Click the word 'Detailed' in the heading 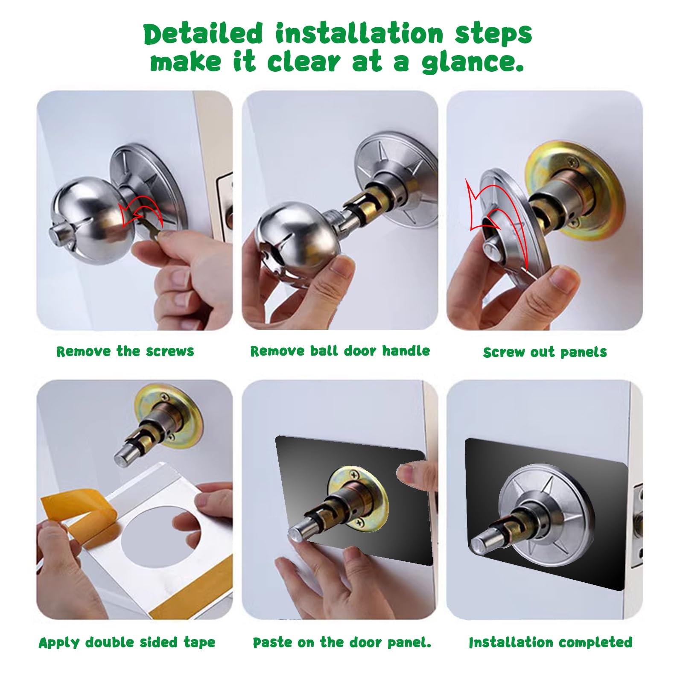click(203, 34)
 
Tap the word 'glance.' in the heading click(473, 63)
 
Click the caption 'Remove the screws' click(125, 351)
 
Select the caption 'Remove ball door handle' click(340, 351)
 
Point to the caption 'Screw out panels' click(545, 352)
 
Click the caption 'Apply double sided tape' click(127, 642)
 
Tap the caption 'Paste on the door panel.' click(342, 642)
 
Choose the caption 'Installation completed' click(550, 642)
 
